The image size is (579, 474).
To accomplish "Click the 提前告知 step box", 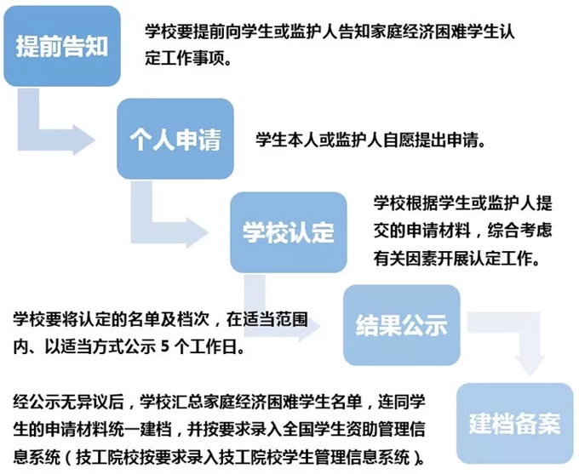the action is (x=62, y=47).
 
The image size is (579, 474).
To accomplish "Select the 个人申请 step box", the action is (x=175, y=139).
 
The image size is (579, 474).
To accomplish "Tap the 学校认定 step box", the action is (x=289, y=232).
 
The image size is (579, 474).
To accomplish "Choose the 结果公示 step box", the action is (x=402, y=325).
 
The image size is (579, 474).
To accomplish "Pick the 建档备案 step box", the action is (x=515, y=423).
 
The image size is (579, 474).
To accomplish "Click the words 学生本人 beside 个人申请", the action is (x=287, y=140).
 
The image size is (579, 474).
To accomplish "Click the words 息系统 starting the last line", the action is (x=37, y=457).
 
